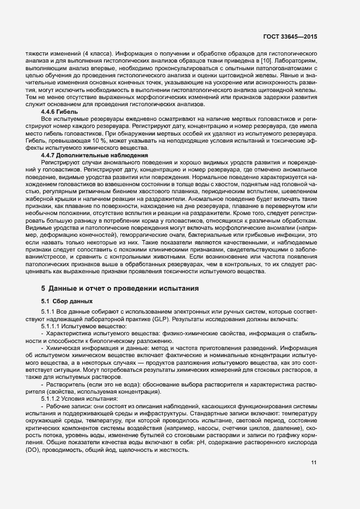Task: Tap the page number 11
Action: (x=314, y=463)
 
